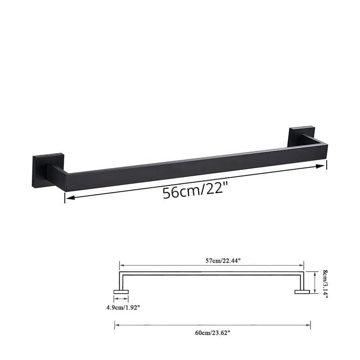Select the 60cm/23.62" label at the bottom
click(x=212, y=332)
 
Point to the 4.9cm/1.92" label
click(x=122, y=308)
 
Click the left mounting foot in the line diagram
click(x=121, y=292)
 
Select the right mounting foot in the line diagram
click(x=302, y=292)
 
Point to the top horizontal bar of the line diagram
click(x=211, y=273)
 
